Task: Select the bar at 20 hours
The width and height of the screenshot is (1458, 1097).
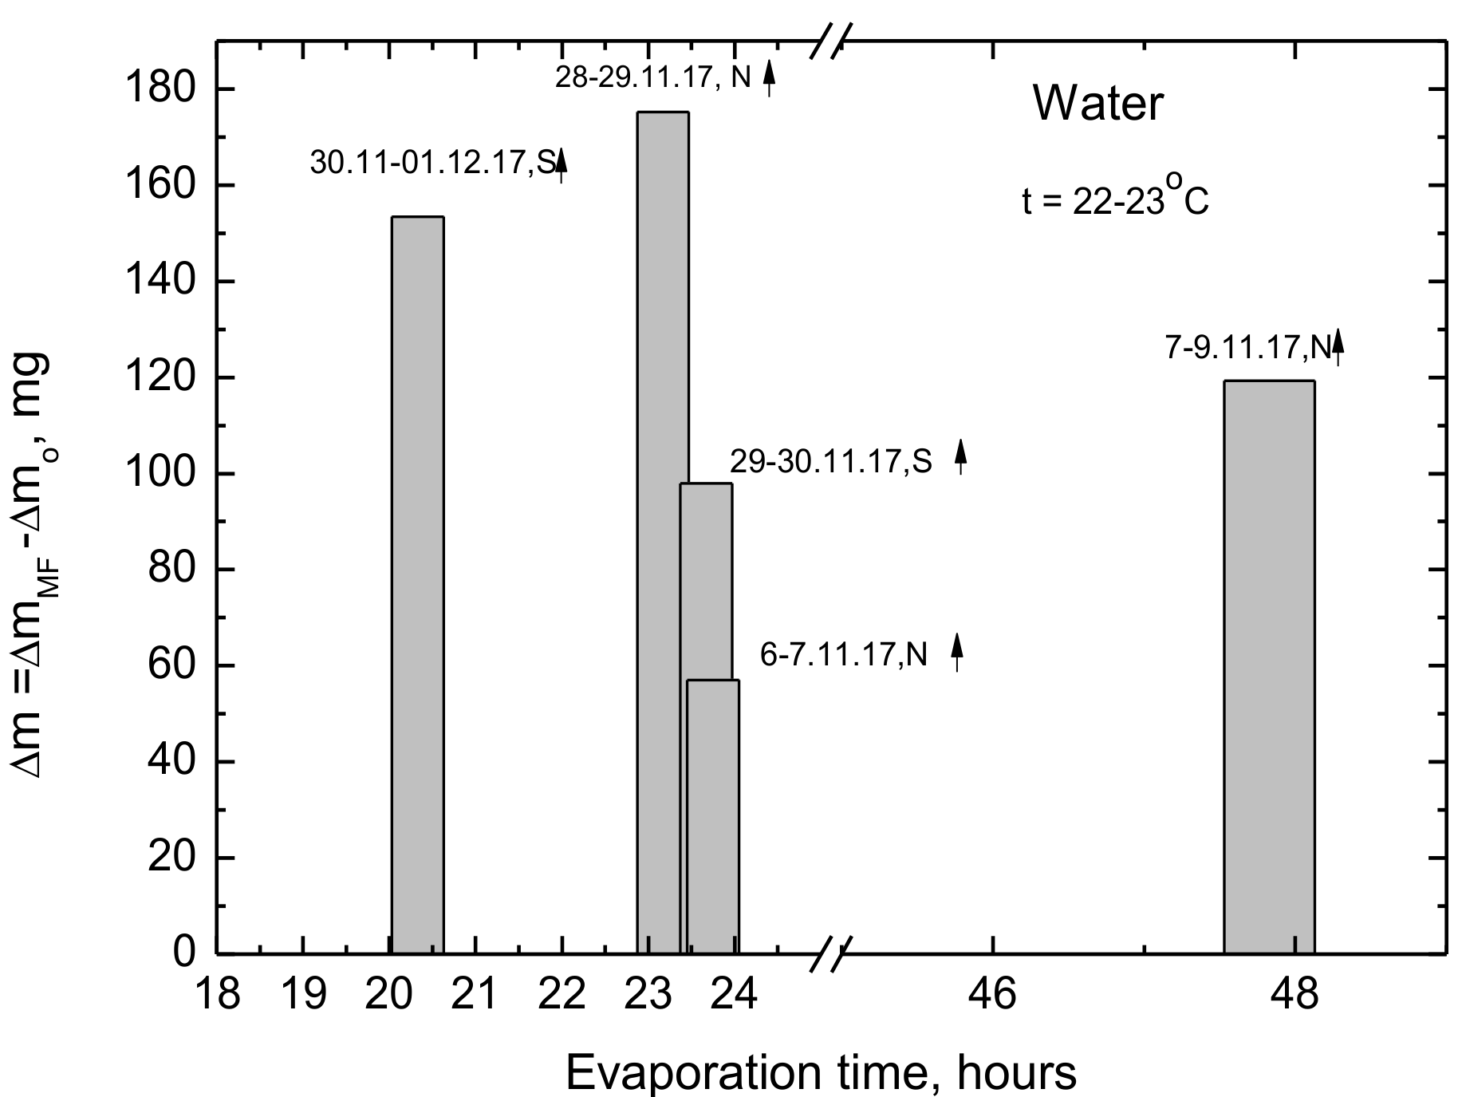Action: (x=417, y=582)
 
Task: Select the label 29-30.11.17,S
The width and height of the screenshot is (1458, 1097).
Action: (x=830, y=462)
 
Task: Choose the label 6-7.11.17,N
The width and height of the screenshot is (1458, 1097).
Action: (x=844, y=655)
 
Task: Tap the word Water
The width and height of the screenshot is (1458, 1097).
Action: (x=1098, y=104)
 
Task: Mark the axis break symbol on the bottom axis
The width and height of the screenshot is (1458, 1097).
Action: (x=831, y=953)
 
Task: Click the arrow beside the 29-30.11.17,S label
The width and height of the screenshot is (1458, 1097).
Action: (x=961, y=457)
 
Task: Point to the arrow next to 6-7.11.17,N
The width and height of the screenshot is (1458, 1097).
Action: (x=957, y=650)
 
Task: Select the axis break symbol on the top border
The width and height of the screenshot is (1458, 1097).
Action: (x=831, y=41)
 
